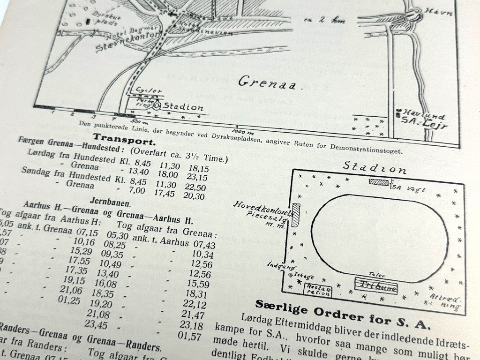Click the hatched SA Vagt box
pos(379,182)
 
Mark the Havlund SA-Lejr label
pos(424,120)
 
